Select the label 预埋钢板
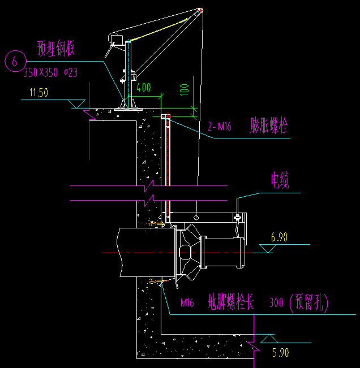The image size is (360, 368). [x=56, y=49]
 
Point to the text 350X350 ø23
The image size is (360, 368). [x=50, y=72]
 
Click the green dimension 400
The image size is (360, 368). [x=144, y=88]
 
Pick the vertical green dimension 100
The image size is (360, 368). [x=184, y=90]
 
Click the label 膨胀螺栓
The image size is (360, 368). [x=269, y=126]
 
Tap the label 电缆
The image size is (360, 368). [x=279, y=181]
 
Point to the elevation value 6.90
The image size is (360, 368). [x=279, y=237]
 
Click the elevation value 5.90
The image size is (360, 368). [x=280, y=353]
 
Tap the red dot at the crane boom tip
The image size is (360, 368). [x=200, y=10]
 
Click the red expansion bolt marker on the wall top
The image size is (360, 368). [x=168, y=116]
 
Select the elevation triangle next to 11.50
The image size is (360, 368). [x=76, y=104]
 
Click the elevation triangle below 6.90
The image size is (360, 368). [x=267, y=249]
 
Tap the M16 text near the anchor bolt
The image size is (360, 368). [x=187, y=304]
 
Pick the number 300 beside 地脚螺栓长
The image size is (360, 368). [x=277, y=304]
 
